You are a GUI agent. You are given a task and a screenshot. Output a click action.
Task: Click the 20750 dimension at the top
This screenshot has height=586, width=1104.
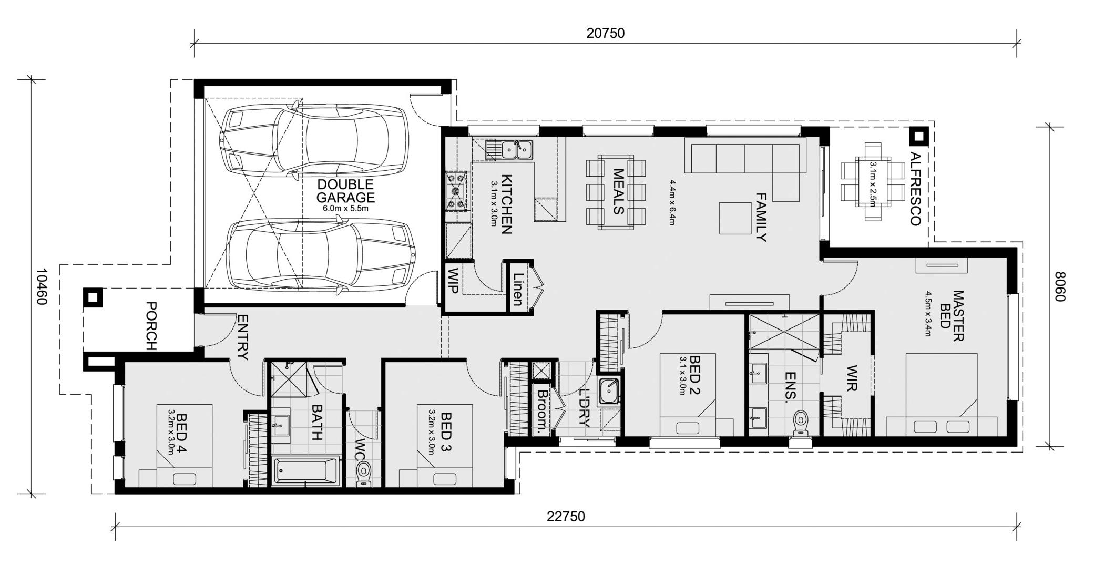pyautogui.click(x=606, y=33)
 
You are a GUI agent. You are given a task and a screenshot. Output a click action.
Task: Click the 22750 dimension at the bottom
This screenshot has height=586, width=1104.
pyautogui.click(x=566, y=517)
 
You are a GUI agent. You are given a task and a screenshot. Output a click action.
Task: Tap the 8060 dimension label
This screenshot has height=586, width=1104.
pyautogui.click(x=1060, y=286)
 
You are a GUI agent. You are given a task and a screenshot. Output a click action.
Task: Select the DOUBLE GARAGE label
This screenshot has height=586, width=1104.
pyautogui.click(x=345, y=191)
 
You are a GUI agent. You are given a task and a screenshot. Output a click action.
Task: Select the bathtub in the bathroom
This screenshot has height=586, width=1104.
pyautogui.click(x=306, y=471)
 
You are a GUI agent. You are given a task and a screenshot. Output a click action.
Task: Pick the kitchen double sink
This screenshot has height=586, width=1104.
pyautogui.click(x=516, y=149)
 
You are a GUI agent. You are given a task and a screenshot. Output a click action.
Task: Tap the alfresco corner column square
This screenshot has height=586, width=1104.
pyautogui.click(x=918, y=137)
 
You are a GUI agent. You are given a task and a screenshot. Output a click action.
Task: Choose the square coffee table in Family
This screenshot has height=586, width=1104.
pyautogui.click(x=735, y=218)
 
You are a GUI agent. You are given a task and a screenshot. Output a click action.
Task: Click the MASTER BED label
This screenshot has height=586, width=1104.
pyautogui.click(x=952, y=315)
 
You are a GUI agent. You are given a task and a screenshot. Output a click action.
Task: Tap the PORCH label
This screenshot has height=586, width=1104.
pyautogui.click(x=151, y=326)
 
